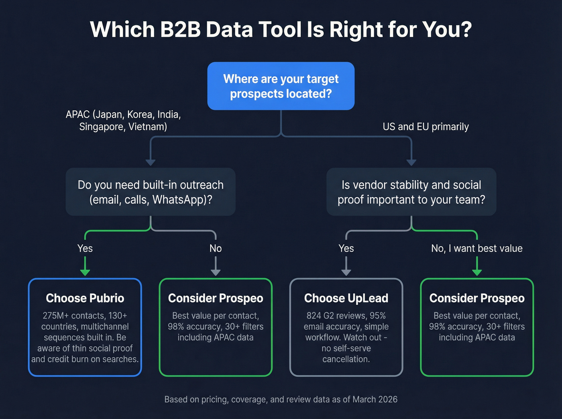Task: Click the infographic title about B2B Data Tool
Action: click(x=281, y=30)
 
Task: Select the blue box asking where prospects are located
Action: click(x=281, y=86)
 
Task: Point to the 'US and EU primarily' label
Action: click(x=426, y=127)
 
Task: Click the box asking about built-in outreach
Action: click(x=151, y=192)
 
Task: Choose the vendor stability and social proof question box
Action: click(x=411, y=192)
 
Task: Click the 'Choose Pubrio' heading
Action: click(x=85, y=298)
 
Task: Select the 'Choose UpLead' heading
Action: click(x=346, y=298)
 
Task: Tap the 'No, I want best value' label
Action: click(x=477, y=249)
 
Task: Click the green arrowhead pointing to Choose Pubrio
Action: click(x=85, y=272)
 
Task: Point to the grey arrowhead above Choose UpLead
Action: click(x=346, y=272)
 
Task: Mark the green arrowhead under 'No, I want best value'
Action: click(x=477, y=272)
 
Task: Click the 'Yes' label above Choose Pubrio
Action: click(x=85, y=249)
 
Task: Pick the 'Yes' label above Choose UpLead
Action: click(x=346, y=249)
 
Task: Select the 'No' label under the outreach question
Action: click(x=216, y=249)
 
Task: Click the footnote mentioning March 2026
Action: click(x=281, y=399)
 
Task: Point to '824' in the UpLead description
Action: click(x=314, y=316)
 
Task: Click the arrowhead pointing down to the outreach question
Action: click(x=151, y=162)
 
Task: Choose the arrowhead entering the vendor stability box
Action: click(x=411, y=162)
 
